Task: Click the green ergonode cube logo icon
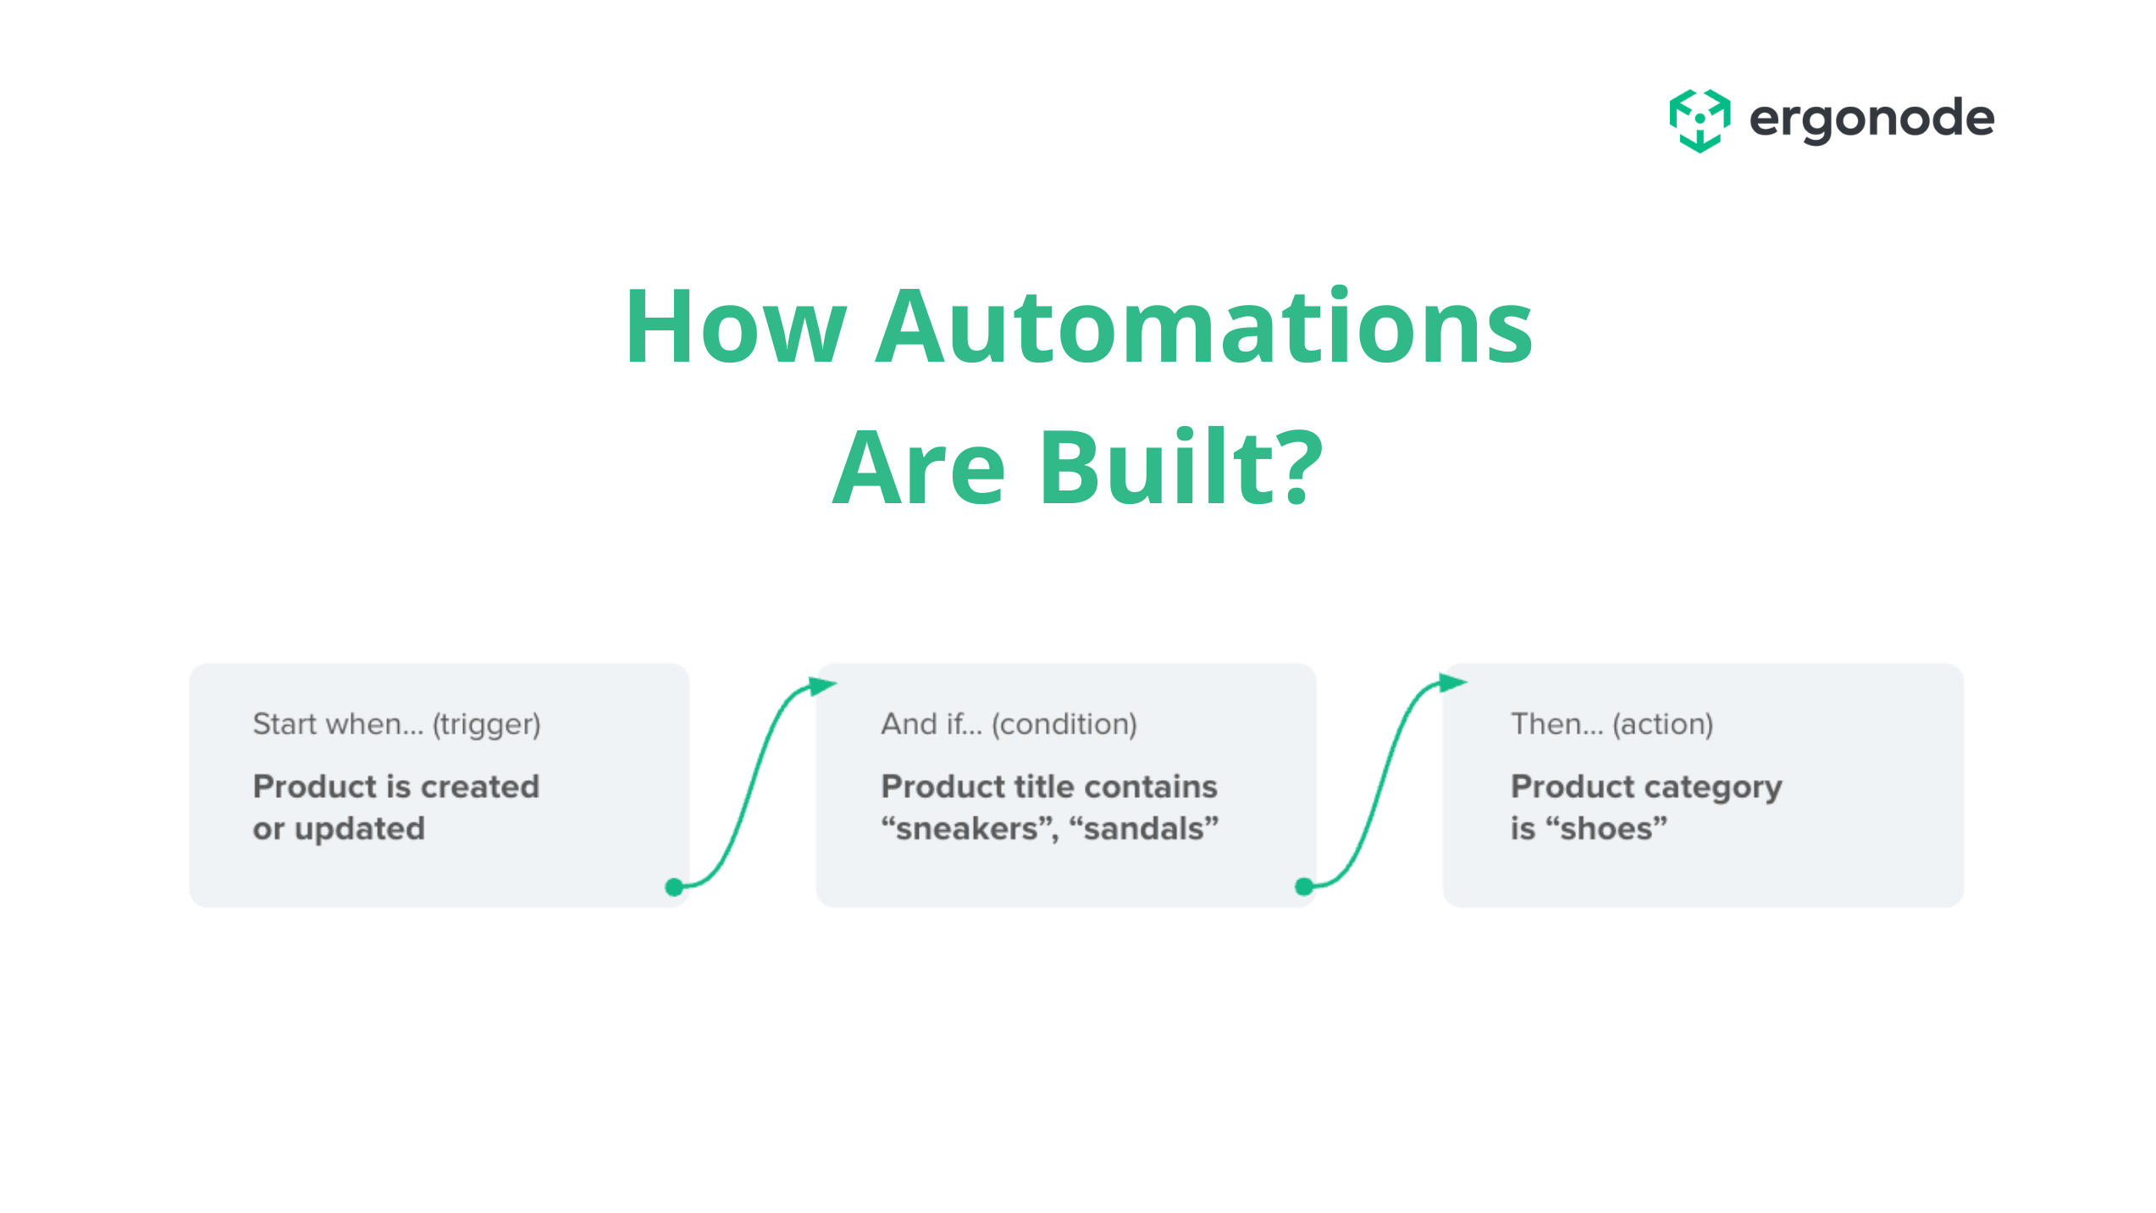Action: click(1700, 120)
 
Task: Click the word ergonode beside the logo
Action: click(1871, 119)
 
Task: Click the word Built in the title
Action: click(1159, 467)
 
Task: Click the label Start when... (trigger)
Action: click(396, 725)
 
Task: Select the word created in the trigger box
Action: click(479, 787)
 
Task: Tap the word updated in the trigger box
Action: click(359, 828)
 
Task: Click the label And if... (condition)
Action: click(1009, 725)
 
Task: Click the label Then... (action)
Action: click(1611, 725)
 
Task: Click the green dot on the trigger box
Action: click(674, 887)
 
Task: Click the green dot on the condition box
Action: click(1304, 887)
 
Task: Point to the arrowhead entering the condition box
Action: click(821, 685)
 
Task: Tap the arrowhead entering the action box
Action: click(1452, 682)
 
